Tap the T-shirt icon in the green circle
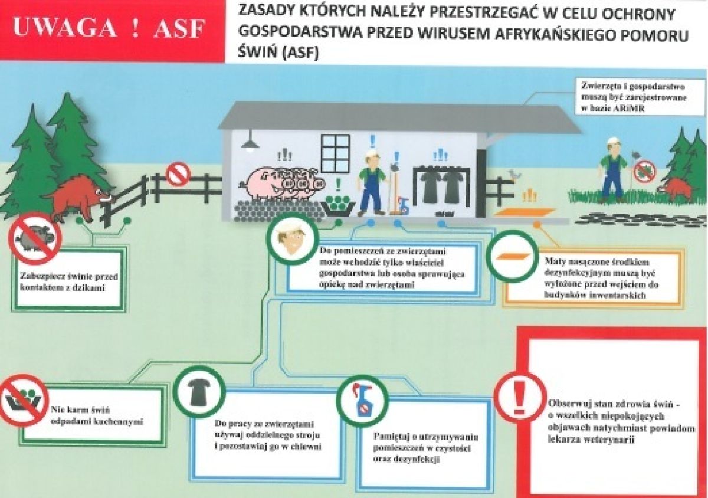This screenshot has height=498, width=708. (199, 391)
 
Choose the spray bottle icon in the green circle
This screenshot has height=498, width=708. (361, 401)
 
